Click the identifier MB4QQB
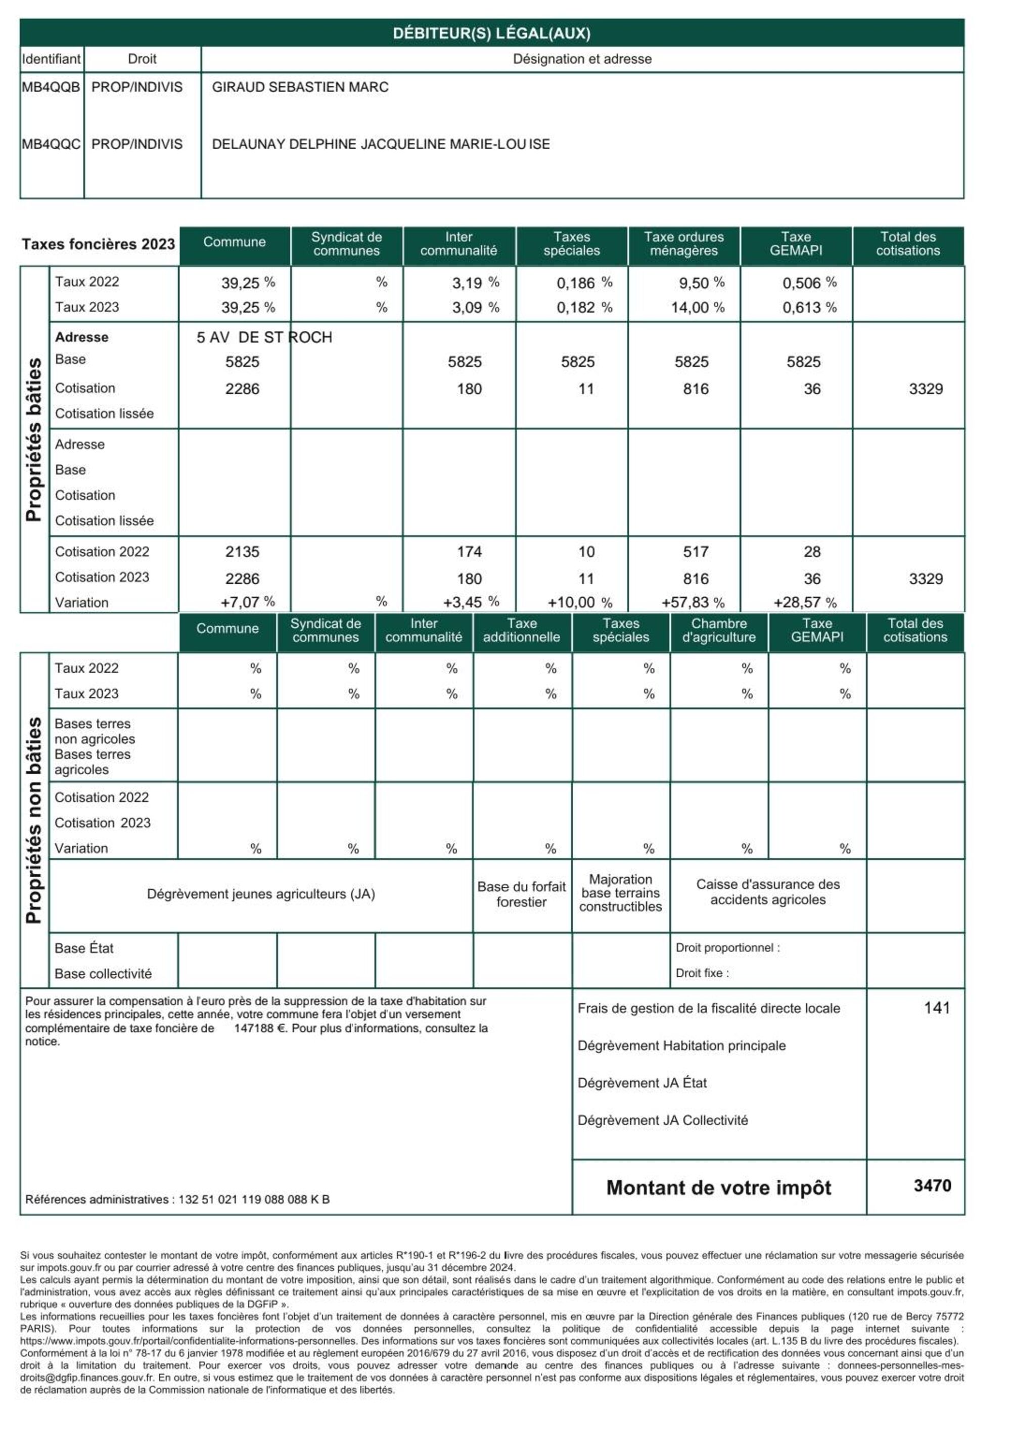coord(51,87)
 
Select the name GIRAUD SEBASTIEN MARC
coord(300,87)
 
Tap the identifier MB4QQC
coord(51,145)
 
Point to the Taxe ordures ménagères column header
coord(683,244)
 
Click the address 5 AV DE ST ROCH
coord(264,338)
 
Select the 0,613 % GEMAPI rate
coord(809,307)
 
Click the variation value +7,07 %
coord(247,602)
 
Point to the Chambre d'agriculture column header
coord(718,631)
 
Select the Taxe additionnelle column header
coord(521,631)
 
